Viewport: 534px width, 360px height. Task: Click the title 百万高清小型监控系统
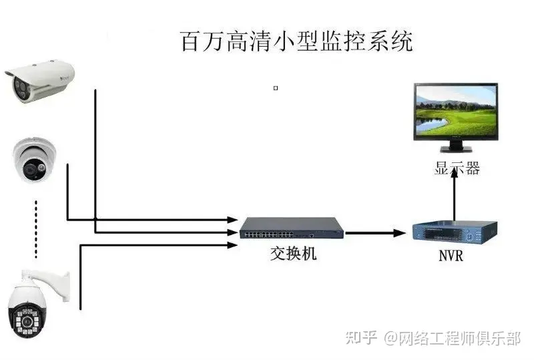coord(297,41)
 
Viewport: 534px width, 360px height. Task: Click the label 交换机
coord(294,254)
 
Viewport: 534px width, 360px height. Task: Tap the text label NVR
coord(451,255)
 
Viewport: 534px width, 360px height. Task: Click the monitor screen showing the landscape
coord(455,112)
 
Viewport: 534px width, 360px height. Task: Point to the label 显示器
coord(457,168)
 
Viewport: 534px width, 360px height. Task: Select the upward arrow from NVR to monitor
coord(455,194)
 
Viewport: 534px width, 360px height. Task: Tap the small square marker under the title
coord(276,87)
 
